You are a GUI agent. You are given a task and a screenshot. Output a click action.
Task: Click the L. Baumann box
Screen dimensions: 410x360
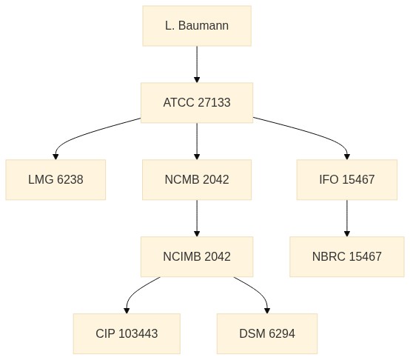pos(197,26)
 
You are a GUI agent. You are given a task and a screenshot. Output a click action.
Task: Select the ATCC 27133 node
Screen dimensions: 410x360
pos(197,103)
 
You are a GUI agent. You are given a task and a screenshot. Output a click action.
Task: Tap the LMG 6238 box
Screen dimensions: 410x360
pos(56,180)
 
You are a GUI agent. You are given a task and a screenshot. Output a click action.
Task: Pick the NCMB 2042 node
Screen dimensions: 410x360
pos(197,180)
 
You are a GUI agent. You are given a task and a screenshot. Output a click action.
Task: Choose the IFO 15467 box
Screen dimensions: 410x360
pos(347,180)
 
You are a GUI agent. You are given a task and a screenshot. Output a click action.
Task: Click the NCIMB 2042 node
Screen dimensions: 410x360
pos(197,256)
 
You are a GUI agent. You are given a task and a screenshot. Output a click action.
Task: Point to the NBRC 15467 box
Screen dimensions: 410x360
pos(347,256)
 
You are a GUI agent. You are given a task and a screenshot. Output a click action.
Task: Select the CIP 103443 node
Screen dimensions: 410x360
pos(127,333)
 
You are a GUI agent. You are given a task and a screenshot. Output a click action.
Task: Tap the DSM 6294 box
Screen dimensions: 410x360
pos(267,333)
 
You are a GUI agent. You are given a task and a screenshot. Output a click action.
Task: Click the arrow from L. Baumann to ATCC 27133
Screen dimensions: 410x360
pos(197,64)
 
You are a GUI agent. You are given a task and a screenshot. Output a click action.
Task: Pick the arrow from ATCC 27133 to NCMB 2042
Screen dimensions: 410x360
pos(197,141)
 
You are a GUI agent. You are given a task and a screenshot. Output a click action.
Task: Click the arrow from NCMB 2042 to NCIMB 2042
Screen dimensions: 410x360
pos(197,219)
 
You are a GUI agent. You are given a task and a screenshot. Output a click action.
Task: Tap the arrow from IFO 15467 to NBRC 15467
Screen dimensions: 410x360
pos(347,219)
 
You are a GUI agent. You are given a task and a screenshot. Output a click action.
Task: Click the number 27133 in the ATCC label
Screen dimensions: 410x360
pos(214,102)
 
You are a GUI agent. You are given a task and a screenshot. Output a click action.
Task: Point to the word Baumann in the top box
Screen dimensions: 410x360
pos(204,26)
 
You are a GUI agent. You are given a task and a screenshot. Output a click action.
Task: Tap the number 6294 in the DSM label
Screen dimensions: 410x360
pos(282,333)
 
